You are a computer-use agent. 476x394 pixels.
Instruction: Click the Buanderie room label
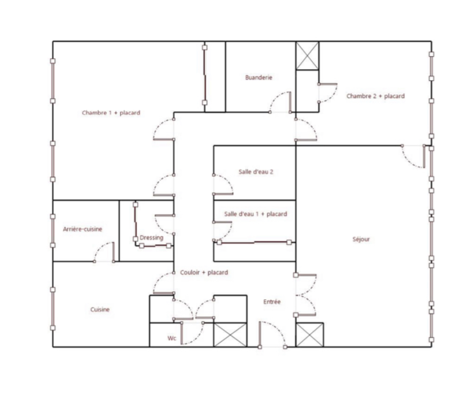pyautogui.click(x=259, y=77)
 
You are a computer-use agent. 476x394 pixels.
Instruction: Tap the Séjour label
pyautogui.click(x=361, y=239)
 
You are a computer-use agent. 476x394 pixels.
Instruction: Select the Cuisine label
pyautogui.click(x=100, y=309)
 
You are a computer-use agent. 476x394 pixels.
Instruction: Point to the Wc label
pyautogui.click(x=172, y=338)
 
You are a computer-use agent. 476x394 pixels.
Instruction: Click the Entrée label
pyautogui.click(x=272, y=302)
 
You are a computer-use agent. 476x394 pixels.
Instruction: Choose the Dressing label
pyautogui.click(x=152, y=238)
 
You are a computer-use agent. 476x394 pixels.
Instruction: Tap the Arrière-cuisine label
pyautogui.click(x=82, y=229)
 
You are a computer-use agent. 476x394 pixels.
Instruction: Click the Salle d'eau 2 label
pyautogui.click(x=256, y=172)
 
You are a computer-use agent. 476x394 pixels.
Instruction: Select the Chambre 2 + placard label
pyautogui.click(x=375, y=96)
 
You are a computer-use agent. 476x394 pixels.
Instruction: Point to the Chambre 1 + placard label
pyautogui.click(x=111, y=113)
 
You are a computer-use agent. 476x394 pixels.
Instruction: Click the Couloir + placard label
pyautogui.click(x=204, y=273)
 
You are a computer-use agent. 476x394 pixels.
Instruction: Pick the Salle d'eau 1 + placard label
pyautogui.click(x=256, y=214)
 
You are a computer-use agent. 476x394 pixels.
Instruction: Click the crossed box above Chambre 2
pyautogui.click(x=307, y=56)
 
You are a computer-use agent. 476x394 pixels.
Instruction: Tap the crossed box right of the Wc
pyautogui.click(x=231, y=335)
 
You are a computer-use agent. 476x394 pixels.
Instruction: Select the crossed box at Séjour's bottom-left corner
pyautogui.click(x=310, y=335)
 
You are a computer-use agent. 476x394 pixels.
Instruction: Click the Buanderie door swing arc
pyautogui.click(x=275, y=97)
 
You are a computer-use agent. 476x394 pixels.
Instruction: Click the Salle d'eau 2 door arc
pyautogui.click(x=228, y=181)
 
